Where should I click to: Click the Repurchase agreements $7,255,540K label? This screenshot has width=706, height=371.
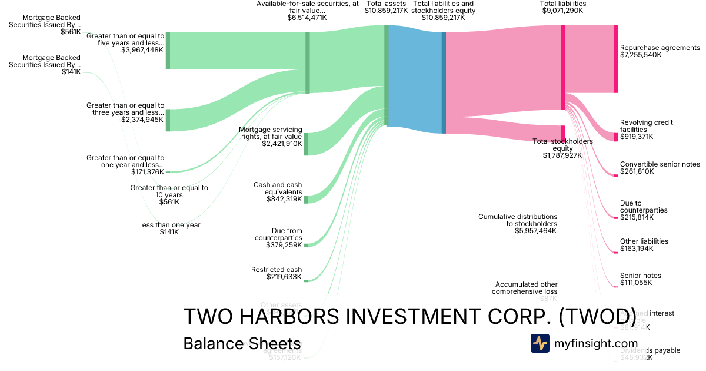click(x=660, y=51)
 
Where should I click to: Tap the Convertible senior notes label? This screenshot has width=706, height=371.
click(x=660, y=168)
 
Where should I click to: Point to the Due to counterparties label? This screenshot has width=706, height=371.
click(x=644, y=210)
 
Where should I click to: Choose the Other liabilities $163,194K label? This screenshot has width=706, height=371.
click(x=644, y=245)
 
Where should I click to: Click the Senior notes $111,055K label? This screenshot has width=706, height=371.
click(x=640, y=279)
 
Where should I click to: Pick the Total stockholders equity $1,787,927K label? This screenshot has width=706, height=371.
click(x=562, y=148)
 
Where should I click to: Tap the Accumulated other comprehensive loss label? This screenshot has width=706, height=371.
click(x=525, y=288)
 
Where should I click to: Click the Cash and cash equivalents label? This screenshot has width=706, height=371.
click(x=278, y=192)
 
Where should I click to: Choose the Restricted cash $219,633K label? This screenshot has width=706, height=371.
click(x=277, y=273)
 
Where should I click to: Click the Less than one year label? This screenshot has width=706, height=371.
click(x=169, y=228)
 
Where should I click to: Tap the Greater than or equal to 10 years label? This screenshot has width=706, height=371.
click(x=169, y=195)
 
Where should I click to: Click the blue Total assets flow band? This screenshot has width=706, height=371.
click(x=415, y=79)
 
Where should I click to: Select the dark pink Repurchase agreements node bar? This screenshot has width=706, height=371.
click(x=616, y=59)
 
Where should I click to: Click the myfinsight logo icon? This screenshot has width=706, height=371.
click(x=540, y=343)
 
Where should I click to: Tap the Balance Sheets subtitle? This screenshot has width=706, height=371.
click(x=242, y=343)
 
